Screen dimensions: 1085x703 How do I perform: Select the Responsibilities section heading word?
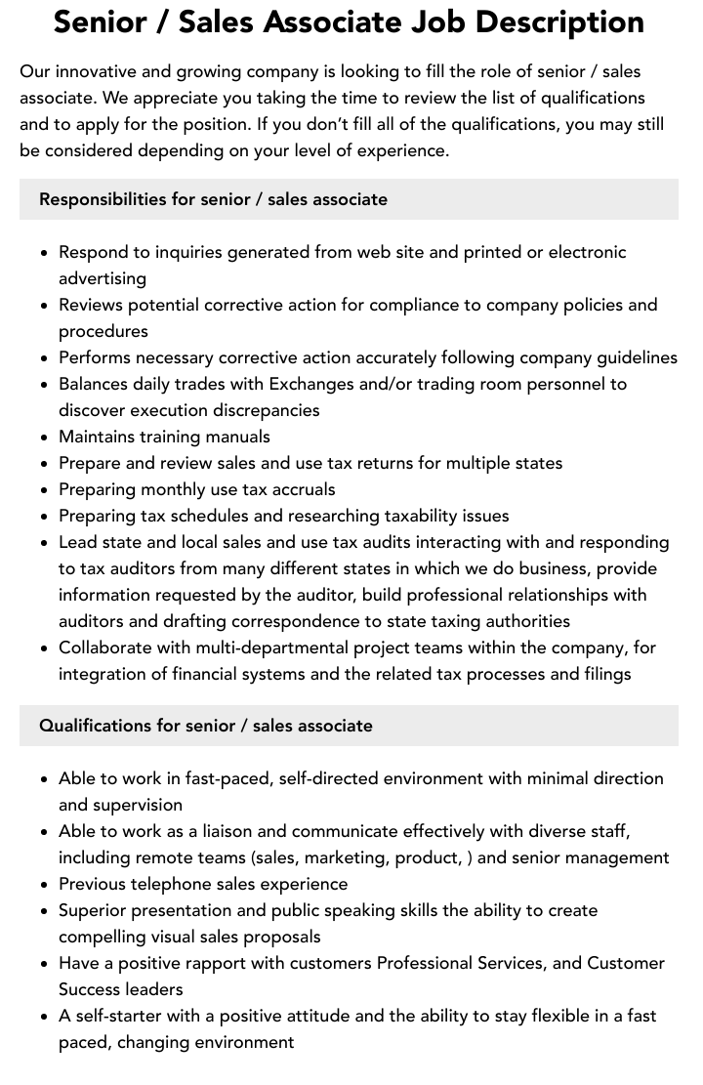(x=103, y=199)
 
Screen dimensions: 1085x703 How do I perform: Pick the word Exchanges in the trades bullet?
(x=311, y=384)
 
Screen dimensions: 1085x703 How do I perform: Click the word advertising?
(x=103, y=278)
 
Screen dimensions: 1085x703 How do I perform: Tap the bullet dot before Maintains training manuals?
(x=44, y=438)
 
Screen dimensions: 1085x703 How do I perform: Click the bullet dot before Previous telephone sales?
(x=44, y=885)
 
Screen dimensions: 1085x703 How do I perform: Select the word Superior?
(x=96, y=910)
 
